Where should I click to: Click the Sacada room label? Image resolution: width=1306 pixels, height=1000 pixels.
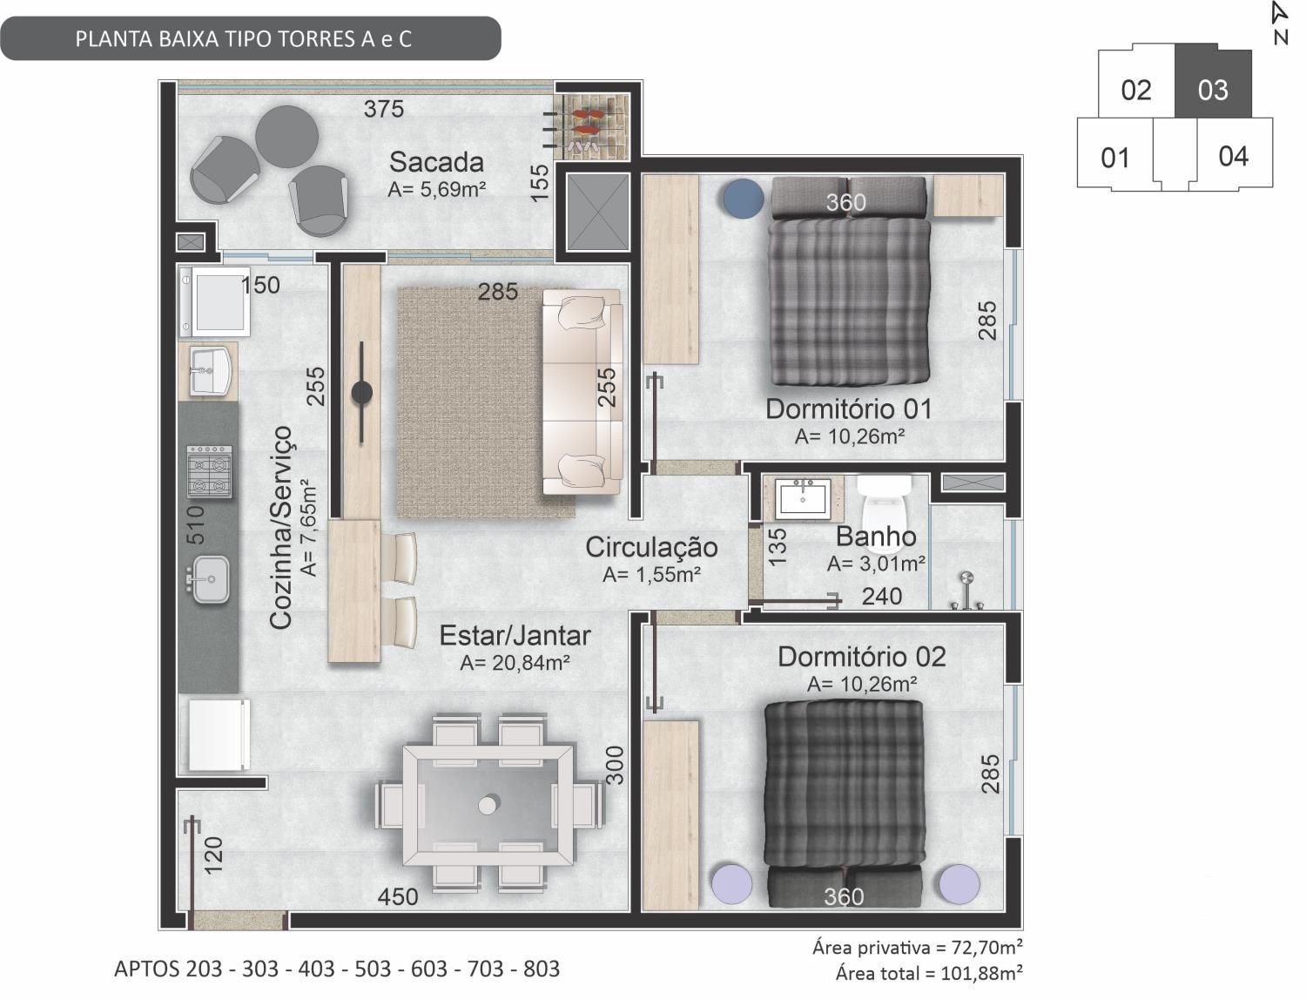tap(436, 162)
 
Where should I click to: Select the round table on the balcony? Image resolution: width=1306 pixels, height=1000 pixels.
tap(286, 137)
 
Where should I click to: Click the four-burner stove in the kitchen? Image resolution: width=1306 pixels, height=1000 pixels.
tap(209, 471)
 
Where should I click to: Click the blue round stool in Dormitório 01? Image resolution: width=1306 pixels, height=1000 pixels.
tap(744, 199)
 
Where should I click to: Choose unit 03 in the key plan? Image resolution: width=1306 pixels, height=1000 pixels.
tap(1213, 89)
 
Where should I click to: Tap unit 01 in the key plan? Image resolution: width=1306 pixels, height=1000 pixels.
tap(1114, 158)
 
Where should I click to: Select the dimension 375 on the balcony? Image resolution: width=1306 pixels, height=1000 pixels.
tap(384, 109)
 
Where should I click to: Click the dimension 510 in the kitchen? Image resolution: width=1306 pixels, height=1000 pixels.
tap(196, 524)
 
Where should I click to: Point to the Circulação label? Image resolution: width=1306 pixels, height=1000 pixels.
tap(651, 548)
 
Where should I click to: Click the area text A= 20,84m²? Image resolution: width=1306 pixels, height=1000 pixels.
tap(515, 663)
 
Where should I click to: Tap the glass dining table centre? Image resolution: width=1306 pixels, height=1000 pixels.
tap(488, 806)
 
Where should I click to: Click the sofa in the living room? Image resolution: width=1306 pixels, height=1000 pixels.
tap(582, 392)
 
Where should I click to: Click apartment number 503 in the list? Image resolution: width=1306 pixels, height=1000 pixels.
tap(373, 969)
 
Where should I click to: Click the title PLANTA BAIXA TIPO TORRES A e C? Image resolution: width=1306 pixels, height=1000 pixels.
tap(243, 39)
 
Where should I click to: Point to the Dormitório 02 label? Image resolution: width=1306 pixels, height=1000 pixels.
tap(862, 657)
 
